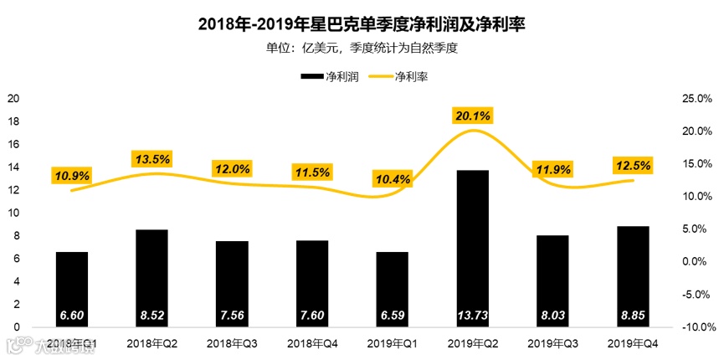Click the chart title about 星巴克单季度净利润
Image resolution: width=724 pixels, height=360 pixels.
pyautogui.click(x=362, y=25)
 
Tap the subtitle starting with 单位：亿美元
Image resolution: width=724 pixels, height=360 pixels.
pyautogui.click(x=362, y=48)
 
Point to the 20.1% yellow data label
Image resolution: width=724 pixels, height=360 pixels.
pyautogui.click(x=472, y=115)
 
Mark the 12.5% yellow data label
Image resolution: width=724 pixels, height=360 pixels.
pyautogui.click(x=632, y=165)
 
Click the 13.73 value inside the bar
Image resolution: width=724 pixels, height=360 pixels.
pyautogui.click(x=472, y=316)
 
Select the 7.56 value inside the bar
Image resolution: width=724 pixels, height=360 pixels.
pyautogui.click(x=233, y=316)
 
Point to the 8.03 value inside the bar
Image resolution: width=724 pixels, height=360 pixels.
pyautogui.click(x=552, y=316)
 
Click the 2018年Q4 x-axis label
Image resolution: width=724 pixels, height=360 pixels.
pyautogui.click(x=312, y=343)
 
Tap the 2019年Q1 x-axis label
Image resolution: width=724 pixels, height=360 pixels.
pyautogui.click(x=393, y=343)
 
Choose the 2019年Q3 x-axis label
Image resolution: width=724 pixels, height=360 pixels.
pyautogui.click(x=552, y=343)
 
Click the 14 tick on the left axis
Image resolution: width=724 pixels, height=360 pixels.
pyautogui.click(x=13, y=167)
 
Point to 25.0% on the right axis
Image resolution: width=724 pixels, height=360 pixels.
pyautogui.click(x=697, y=99)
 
